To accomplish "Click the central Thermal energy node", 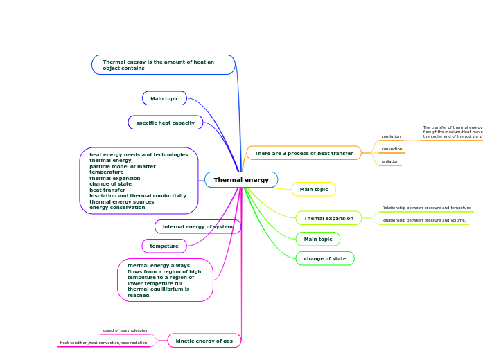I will pos(241,180).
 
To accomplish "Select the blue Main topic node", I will pos(164,98).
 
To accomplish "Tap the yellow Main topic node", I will pos(314,189).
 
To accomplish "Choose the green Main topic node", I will pos(318,239).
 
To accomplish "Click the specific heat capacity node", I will pos(165,123).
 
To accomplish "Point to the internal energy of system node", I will pos(197,226).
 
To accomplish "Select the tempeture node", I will pos(164,246).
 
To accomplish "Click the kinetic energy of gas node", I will pos(204,341).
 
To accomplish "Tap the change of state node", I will pos(325,258).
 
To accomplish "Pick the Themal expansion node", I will pos(328,218).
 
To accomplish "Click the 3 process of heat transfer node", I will pos(304,153).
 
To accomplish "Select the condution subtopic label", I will pos(391,136).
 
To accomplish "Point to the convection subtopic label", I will pos(392,149).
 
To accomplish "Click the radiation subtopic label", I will pos(390,161).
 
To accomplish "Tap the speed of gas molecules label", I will pos(125,330).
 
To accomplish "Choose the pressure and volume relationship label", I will pos(423,220).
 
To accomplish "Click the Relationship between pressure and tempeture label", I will pos(426,208).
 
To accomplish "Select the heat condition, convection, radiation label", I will pos(103,343).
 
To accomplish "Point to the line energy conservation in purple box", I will pos(117,208).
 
